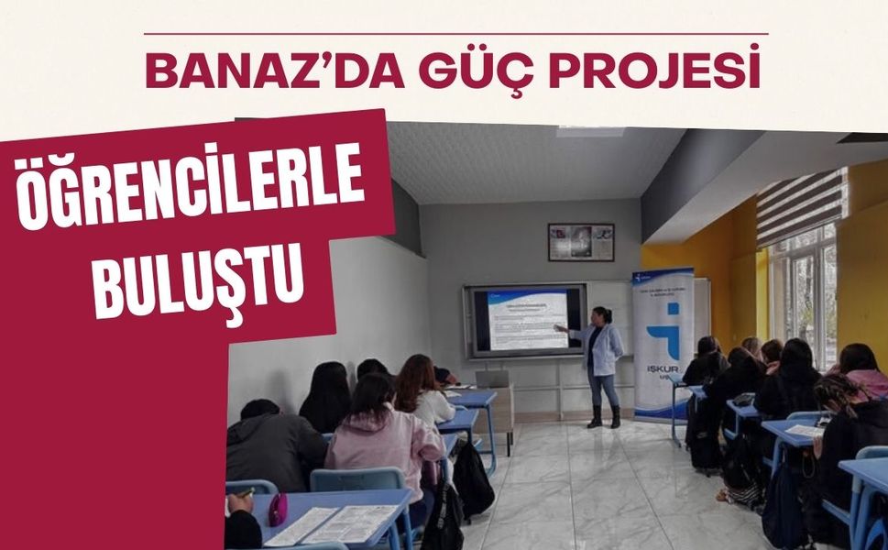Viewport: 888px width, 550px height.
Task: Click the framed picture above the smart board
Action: click(580, 242)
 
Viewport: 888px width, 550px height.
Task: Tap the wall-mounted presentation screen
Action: click(526, 320)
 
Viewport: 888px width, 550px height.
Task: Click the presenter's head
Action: click(602, 316)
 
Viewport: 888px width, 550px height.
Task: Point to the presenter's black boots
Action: click(604, 417)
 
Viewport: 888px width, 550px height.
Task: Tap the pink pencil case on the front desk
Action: click(278, 509)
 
